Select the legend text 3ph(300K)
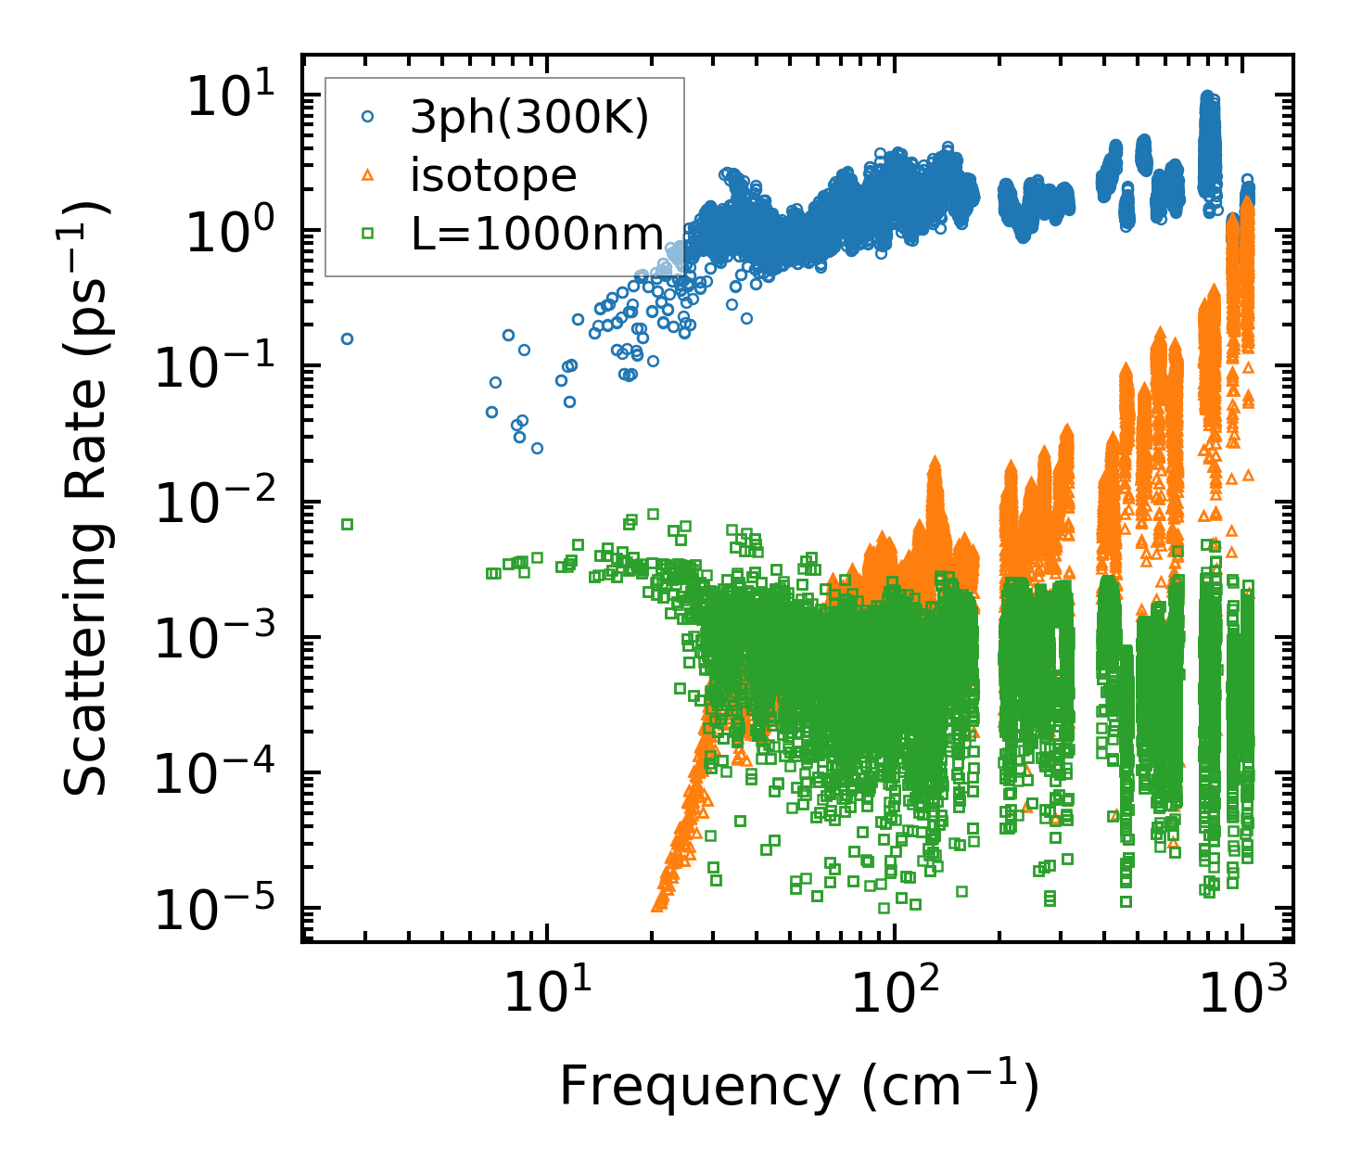point(529,119)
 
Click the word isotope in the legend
point(493,175)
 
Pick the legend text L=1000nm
point(538,234)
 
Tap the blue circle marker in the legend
point(368,117)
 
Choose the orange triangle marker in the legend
point(368,174)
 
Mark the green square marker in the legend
point(368,234)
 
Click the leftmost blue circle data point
point(347,338)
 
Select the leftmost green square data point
point(347,524)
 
